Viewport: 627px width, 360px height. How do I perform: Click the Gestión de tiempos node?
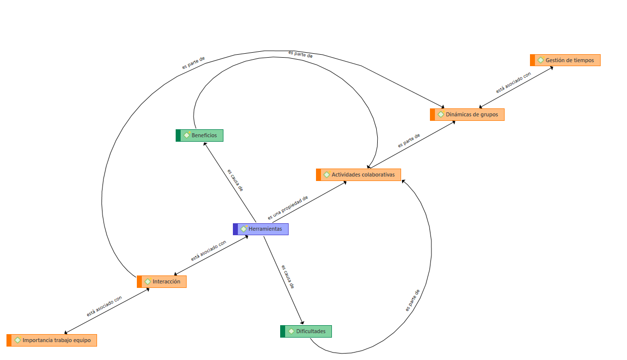pyautogui.click(x=565, y=60)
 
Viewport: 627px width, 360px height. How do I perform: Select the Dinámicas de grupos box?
pyautogui.click(x=467, y=114)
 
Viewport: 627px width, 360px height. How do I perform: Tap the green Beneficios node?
pyautogui.click(x=200, y=135)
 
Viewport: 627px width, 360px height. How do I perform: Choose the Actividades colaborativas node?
pyautogui.click(x=358, y=175)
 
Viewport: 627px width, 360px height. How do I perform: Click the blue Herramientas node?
pyautogui.click(x=261, y=229)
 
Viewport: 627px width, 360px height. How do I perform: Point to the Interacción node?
pyautogui.click(x=162, y=281)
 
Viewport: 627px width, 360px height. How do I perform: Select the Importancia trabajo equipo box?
pyautogui.click(x=52, y=340)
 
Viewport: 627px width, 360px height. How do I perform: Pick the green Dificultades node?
pyautogui.click(x=306, y=331)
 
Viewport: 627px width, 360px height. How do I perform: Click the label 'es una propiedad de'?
pyautogui.click(x=288, y=208)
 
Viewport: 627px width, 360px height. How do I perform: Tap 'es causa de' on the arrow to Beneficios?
pyautogui.click(x=235, y=180)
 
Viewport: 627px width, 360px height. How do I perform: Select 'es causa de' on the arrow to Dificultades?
pyautogui.click(x=288, y=276)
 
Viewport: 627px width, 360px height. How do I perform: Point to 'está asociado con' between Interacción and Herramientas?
pyautogui.click(x=209, y=251)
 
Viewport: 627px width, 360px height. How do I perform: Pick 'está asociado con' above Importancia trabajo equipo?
pyautogui.click(x=104, y=307)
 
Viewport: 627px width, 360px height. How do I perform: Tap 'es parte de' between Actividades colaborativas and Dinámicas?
pyautogui.click(x=409, y=140)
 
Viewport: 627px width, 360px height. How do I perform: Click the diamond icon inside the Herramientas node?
pyautogui.click(x=244, y=229)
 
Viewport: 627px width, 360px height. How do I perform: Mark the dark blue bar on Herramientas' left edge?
pyautogui.click(x=235, y=229)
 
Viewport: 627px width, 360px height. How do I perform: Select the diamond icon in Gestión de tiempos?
pyautogui.click(x=540, y=60)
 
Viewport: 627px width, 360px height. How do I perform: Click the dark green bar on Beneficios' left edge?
pyautogui.click(x=178, y=135)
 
